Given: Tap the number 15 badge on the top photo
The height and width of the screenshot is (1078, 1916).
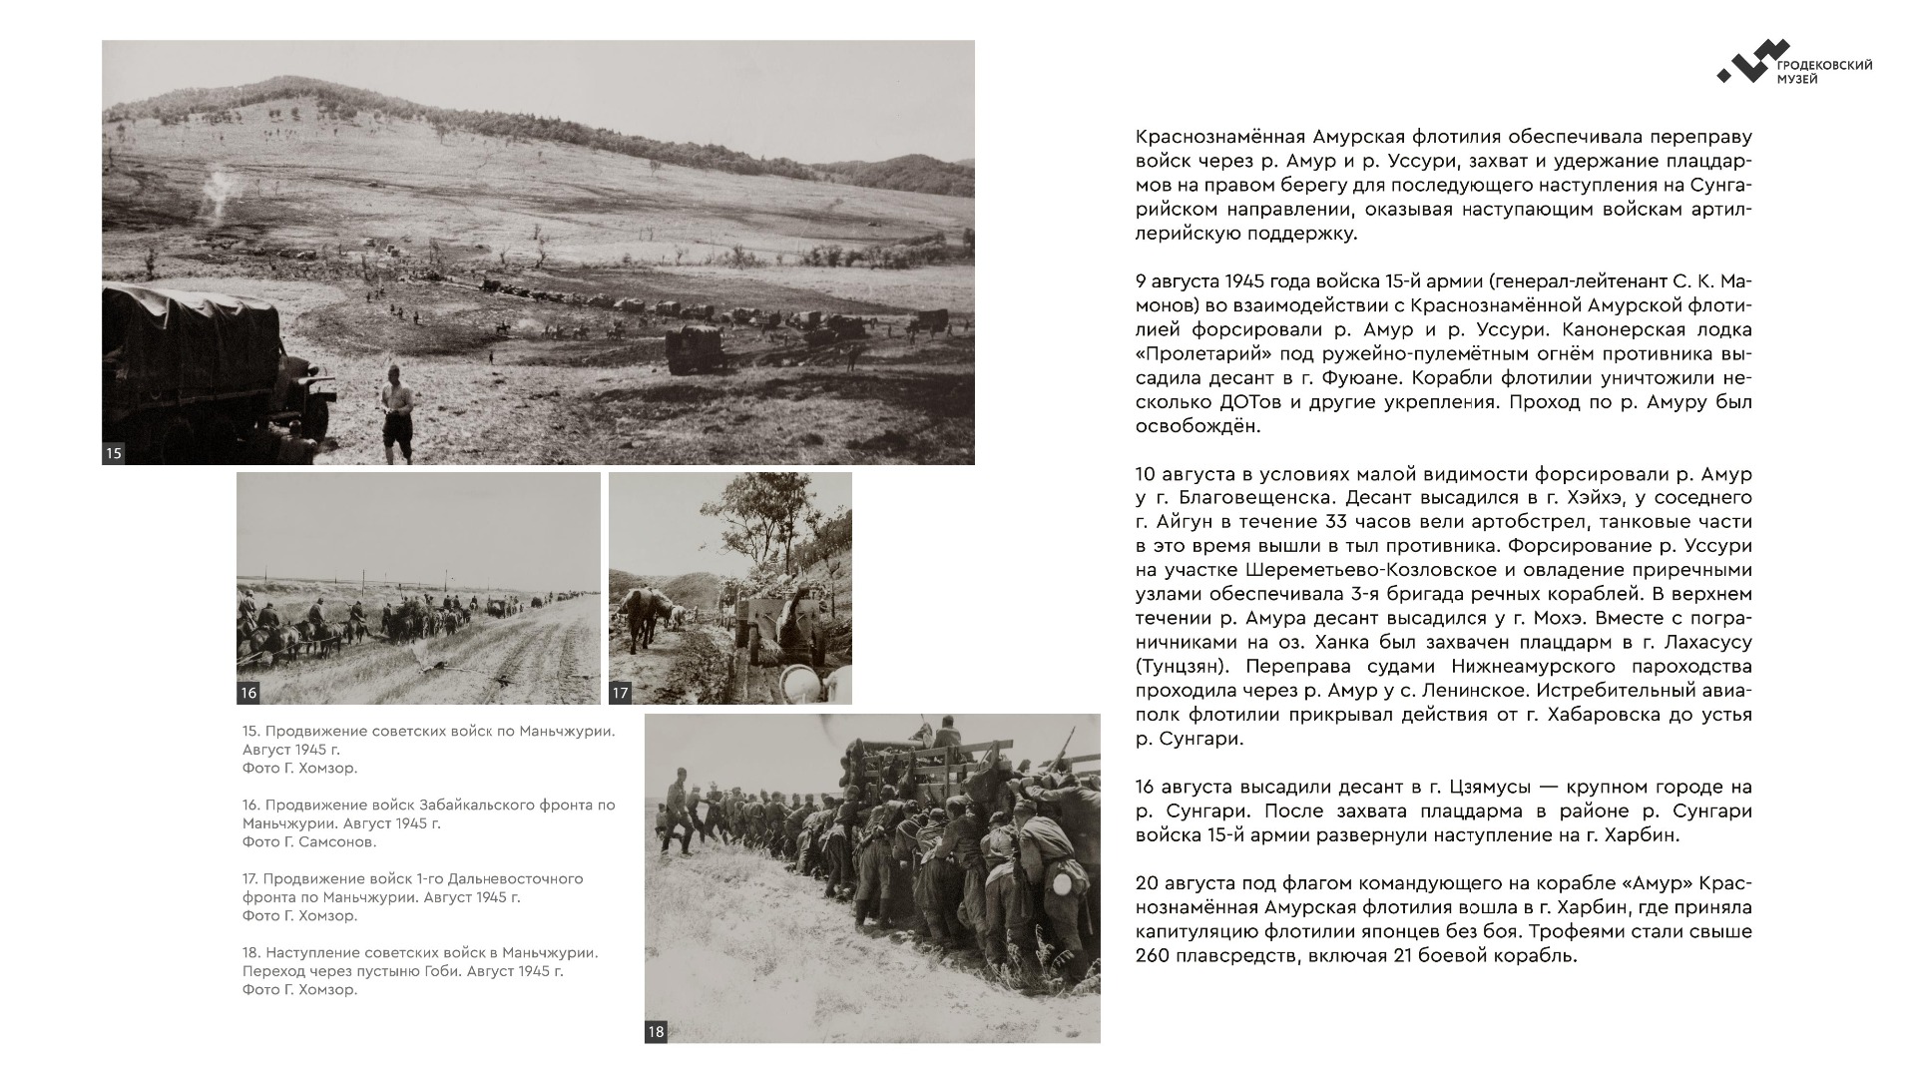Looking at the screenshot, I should click(114, 453).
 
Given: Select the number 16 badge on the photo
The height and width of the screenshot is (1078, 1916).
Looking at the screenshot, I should click(248, 693).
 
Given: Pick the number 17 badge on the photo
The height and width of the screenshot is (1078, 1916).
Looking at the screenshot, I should click(621, 693).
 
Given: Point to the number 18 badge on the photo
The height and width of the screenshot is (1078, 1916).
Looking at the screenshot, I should click(656, 1032).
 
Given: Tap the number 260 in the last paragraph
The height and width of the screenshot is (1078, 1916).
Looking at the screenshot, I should click(1157, 956).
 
